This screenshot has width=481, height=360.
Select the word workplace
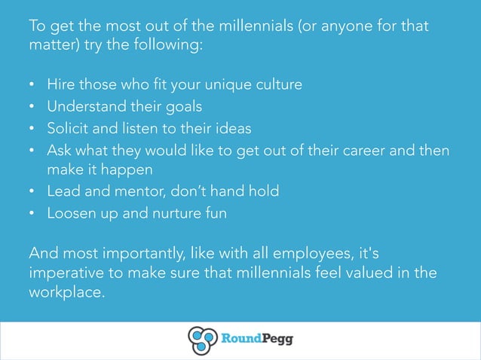click(65, 293)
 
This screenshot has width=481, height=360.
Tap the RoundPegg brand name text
click(256, 340)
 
